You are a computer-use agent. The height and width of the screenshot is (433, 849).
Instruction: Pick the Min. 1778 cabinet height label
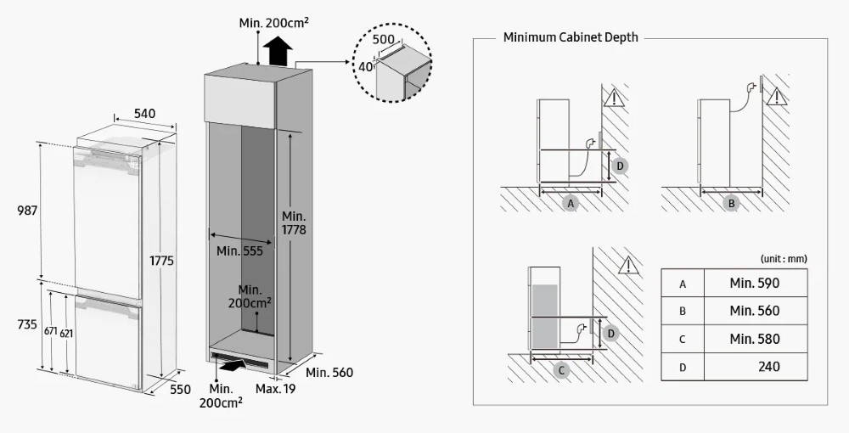point(294,222)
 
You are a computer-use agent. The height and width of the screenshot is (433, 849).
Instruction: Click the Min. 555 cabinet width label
point(239,250)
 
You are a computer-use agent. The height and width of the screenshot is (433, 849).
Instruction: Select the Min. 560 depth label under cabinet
point(329,373)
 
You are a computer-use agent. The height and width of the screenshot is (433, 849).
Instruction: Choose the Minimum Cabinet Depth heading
point(571,37)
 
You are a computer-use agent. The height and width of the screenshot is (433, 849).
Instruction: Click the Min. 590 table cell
point(754,283)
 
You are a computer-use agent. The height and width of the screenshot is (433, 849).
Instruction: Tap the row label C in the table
point(683,340)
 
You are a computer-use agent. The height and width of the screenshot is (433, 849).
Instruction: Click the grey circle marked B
point(731,204)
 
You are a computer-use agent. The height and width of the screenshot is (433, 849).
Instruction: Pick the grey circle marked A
point(571,204)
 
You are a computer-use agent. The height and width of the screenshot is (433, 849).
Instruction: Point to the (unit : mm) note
point(783,258)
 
